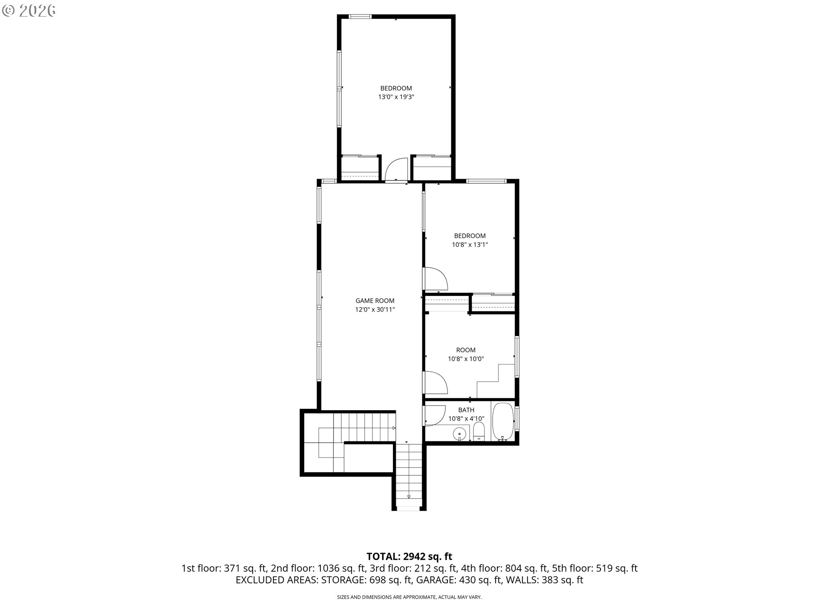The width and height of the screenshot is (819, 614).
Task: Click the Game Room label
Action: point(375,301)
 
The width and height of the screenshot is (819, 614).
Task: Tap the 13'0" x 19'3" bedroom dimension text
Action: point(396,97)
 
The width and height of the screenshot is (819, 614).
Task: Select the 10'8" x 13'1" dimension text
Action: point(470,245)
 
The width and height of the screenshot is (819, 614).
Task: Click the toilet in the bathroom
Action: point(479,432)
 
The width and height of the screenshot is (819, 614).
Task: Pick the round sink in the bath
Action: point(459,434)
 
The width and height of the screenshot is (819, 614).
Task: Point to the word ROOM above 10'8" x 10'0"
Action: point(466,350)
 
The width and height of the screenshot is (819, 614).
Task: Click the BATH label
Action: point(466,410)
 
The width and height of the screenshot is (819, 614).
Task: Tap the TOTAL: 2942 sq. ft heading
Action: point(409,556)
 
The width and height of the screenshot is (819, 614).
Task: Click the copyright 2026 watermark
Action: point(29,11)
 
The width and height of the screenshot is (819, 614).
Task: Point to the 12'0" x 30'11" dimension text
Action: point(375,310)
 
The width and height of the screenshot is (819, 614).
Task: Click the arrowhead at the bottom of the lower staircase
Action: point(409,496)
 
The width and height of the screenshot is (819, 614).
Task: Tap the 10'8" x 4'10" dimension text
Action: point(466,419)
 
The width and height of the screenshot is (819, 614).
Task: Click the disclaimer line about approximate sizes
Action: point(409,597)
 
